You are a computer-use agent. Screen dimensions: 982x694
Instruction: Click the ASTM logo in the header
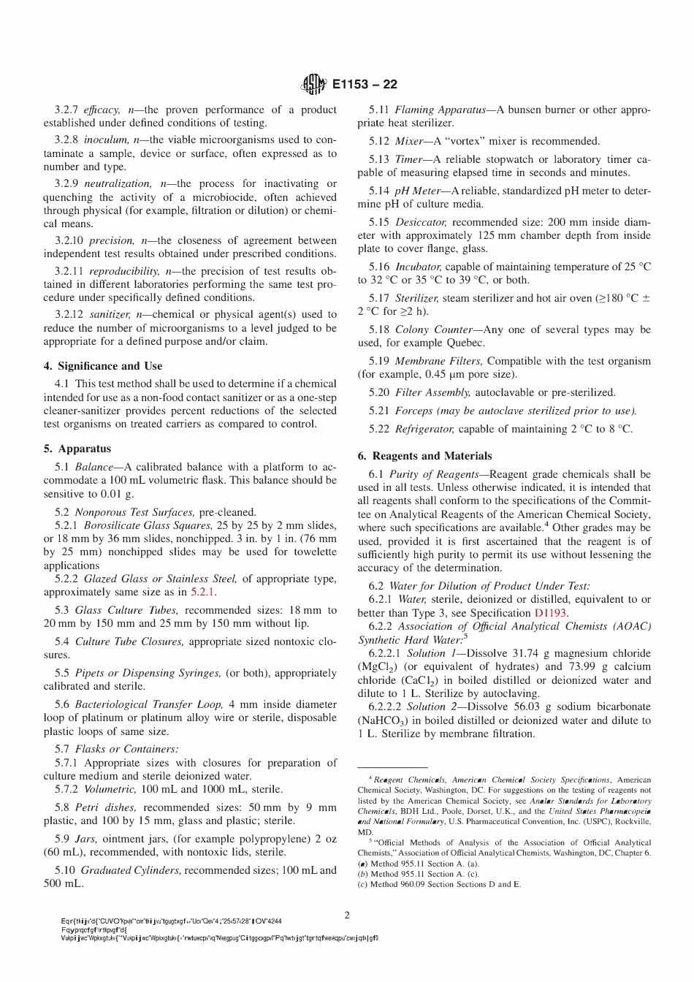tap(313, 85)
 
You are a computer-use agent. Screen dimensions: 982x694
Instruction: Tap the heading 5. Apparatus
tap(77, 449)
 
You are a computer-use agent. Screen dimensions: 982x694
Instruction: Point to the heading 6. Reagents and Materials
tap(424, 456)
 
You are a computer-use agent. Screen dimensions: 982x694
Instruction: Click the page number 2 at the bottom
tap(347, 915)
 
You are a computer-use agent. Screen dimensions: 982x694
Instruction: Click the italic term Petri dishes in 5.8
tap(105, 807)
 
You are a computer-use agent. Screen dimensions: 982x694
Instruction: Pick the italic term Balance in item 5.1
tap(94, 467)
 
